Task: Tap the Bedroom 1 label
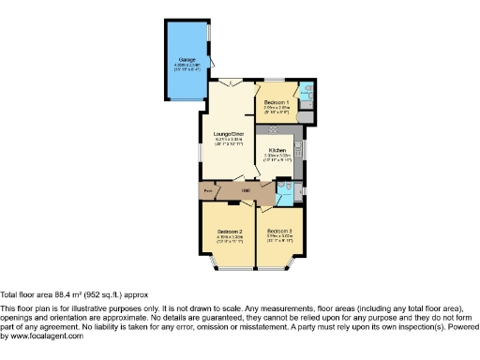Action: pyautogui.click(x=277, y=101)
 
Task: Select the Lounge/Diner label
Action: pyautogui.click(x=229, y=134)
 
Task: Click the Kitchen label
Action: pyautogui.click(x=277, y=150)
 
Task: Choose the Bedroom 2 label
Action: pyautogui.click(x=230, y=231)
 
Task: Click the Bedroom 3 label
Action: pyautogui.click(x=278, y=231)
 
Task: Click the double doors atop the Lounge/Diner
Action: pyautogui.click(x=233, y=84)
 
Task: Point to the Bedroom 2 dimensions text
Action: pyautogui.click(x=230, y=239)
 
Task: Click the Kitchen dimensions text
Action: pyautogui.click(x=277, y=158)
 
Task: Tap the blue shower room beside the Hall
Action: pyautogui.click(x=285, y=192)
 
